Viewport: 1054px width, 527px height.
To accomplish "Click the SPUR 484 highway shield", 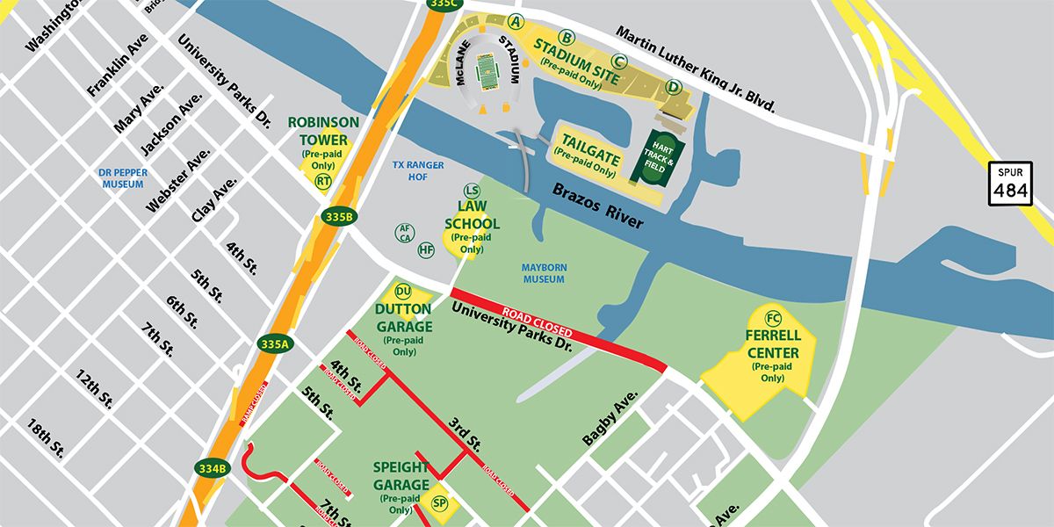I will [1009, 183].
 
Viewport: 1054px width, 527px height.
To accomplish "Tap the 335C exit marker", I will [444, 4].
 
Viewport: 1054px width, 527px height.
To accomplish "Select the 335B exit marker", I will [338, 216].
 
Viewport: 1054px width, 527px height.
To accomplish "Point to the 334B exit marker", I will [213, 467].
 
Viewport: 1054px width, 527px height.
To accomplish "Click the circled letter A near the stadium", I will [516, 20].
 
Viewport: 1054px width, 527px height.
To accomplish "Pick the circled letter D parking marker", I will [673, 86].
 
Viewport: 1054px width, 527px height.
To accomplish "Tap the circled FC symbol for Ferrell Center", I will [773, 318].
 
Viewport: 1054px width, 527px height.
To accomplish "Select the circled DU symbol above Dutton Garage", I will [403, 292].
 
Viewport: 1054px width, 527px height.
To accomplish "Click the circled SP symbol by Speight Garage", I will [440, 503].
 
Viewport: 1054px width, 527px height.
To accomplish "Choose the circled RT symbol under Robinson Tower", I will [323, 181].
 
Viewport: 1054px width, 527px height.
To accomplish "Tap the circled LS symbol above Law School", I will [472, 191].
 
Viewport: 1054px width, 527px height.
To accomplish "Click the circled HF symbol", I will [426, 249].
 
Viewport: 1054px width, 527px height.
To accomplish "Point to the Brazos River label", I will [597, 207].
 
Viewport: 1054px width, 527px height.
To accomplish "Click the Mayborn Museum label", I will [543, 272].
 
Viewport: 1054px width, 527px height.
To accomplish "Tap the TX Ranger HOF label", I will [418, 170].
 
